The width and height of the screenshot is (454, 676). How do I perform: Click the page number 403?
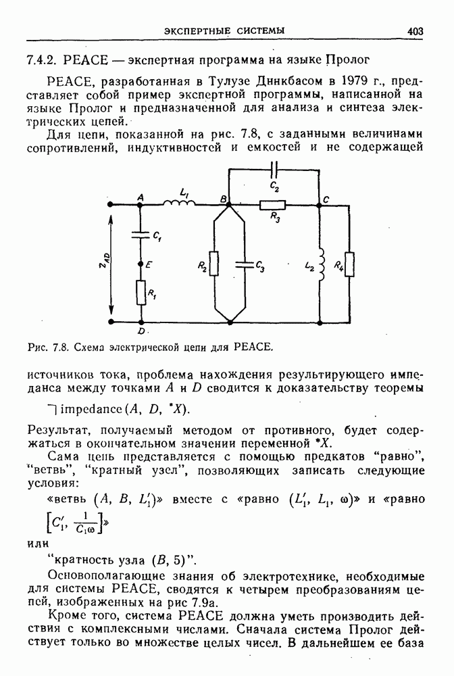pyautogui.click(x=415, y=30)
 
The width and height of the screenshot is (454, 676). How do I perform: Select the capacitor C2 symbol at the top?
pyautogui.click(x=274, y=169)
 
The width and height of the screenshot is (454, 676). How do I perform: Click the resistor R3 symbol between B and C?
pyautogui.click(x=273, y=203)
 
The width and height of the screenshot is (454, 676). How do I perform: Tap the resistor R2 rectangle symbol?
pyautogui.click(x=214, y=264)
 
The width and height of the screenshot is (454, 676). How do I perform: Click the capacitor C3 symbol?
pyautogui.click(x=245, y=264)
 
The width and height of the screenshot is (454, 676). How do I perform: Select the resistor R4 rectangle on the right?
pyautogui.click(x=349, y=264)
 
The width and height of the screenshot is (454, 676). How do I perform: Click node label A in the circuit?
pyautogui.click(x=141, y=197)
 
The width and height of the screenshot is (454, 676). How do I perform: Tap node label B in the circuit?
pyautogui.click(x=223, y=197)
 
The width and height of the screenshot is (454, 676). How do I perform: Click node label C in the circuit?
pyautogui.click(x=326, y=199)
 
